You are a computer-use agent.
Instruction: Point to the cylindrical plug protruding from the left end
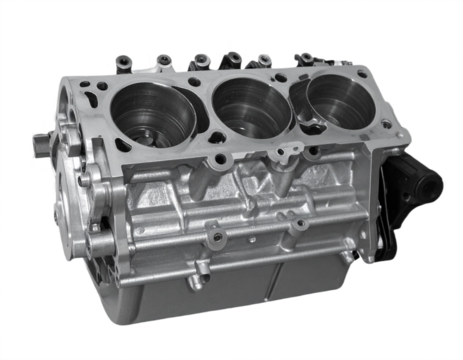point(41,142)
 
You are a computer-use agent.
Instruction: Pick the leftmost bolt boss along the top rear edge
point(124,63)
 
